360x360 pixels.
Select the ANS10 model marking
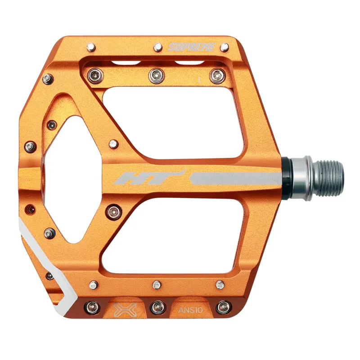point(189,310)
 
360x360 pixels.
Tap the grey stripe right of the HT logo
point(234,179)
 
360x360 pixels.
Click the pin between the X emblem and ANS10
point(157,307)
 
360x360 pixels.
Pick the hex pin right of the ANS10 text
point(223,307)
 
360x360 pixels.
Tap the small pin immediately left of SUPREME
point(158,47)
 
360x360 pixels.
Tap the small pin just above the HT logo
point(113,144)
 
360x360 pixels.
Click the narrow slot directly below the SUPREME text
point(187,62)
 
